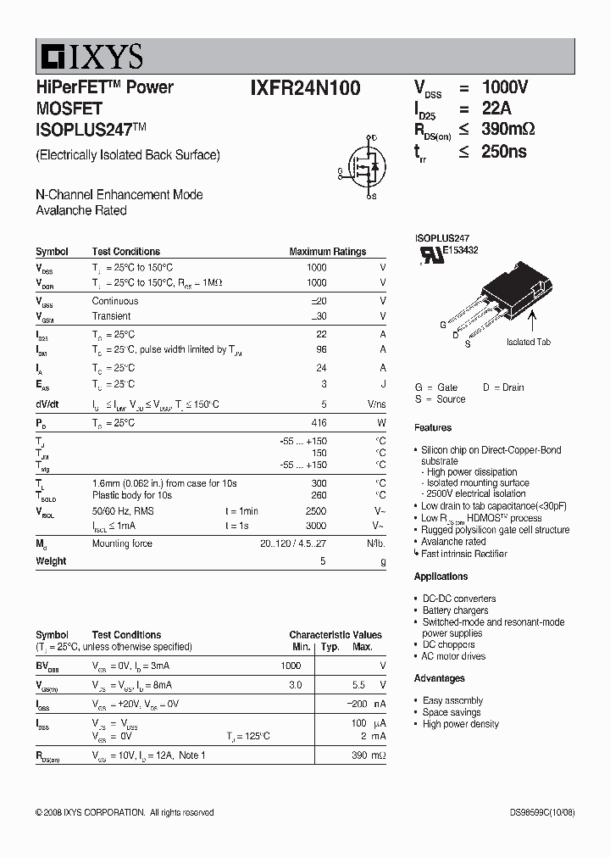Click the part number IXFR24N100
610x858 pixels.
pyautogui.click(x=305, y=87)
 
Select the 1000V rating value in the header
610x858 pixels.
pyautogui.click(x=505, y=87)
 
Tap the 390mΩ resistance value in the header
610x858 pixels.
pyautogui.click(x=507, y=129)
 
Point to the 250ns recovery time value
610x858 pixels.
pyautogui.click(x=504, y=151)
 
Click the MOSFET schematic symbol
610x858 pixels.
pyautogui.click(x=363, y=167)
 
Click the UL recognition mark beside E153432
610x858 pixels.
pyautogui.click(x=431, y=255)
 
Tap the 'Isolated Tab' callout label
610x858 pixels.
pyautogui.click(x=529, y=342)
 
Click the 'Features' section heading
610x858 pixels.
pyautogui.click(x=433, y=427)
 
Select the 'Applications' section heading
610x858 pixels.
pyautogui.click(x=441, y=577)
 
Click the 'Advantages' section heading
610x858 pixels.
pyautogui.click(x=439, y=678)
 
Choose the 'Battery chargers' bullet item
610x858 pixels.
pyautogui.click(x=455, y=610)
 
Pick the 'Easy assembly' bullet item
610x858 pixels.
pyautogui.click(x=452, y=701)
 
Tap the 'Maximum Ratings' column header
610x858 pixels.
pyautogui.click(x=328, y=252)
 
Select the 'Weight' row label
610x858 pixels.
pyautogui.click(x=51, y=561)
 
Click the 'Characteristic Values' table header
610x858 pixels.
pyautogui.click(x=335, y=635)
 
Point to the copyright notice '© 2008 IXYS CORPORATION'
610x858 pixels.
pyautogui.click(x=90, y=812)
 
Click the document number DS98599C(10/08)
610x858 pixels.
pyautogui.click(x=542, y=812)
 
